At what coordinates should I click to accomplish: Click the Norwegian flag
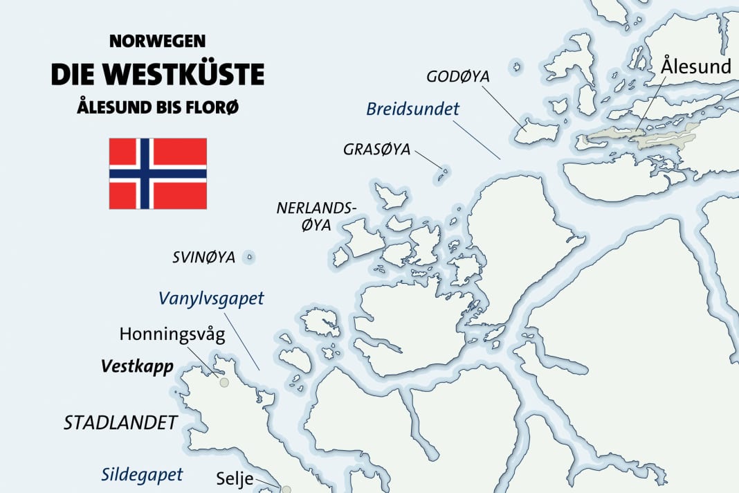158,173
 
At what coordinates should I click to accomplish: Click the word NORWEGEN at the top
158,42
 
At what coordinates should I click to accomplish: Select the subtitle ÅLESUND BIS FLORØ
158,108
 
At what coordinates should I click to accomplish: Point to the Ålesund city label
696,66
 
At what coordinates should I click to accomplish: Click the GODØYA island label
457,76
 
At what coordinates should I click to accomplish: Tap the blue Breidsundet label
413,109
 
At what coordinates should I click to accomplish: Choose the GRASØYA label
376,149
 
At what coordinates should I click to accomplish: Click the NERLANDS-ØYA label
316,216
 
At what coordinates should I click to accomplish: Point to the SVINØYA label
203,258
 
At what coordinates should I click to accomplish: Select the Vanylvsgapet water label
211,298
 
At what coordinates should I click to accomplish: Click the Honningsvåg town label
172,335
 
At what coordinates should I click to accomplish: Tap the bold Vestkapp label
136,365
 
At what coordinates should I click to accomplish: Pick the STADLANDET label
120,423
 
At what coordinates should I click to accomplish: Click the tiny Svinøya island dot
250,258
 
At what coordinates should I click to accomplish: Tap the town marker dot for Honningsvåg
223,382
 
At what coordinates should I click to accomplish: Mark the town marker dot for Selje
286,489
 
